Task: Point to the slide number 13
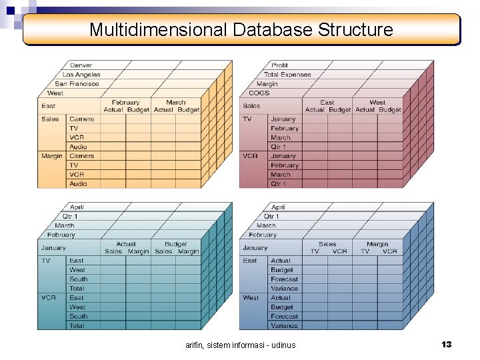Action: pos(446,344)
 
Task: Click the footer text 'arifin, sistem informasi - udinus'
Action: pos(240,345)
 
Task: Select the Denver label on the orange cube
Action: pos(81,65)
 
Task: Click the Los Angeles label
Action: pos(81,75)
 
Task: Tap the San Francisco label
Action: pos(77,84)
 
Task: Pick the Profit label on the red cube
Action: pos(280,65)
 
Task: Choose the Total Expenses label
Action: pos(287,75)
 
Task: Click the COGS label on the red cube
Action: pos(259,93)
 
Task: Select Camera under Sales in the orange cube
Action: pos(81,119)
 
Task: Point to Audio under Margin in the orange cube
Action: pos(78,184)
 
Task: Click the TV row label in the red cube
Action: pos(247,119)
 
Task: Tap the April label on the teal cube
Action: pos(76,207)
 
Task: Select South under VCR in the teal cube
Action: pos(78,317)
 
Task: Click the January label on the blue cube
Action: pos(255,248)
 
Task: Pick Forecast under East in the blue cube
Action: pos(284,279)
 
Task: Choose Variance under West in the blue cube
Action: pos(284,326)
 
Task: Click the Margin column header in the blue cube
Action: pos(377,244)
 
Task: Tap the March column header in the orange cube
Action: pos(176,103)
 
